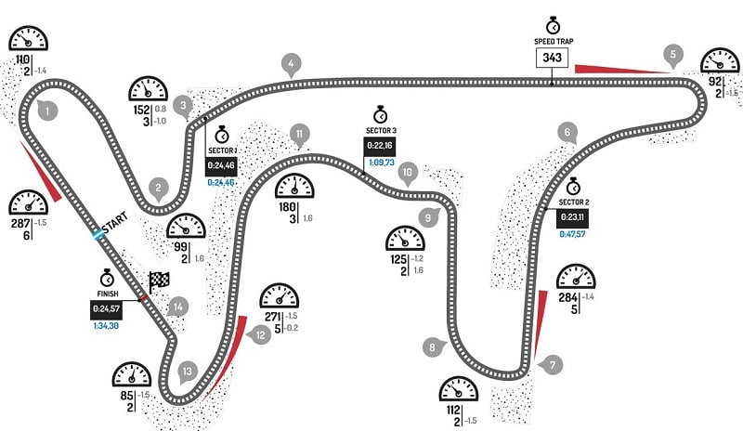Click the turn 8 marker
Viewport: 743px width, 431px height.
click(x=431, y=347)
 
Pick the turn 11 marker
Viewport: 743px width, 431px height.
click(x=298, y=134)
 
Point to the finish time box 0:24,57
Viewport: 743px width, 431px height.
click(x=109, y=307)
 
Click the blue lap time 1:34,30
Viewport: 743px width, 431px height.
click(x=109, y=325)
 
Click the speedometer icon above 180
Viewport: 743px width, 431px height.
click(x=296, y=186)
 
